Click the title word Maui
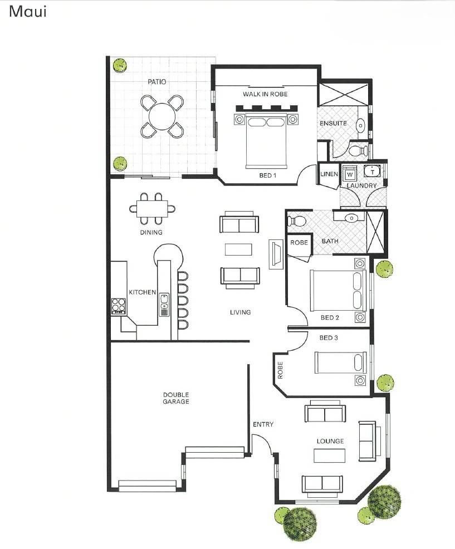(28, 12)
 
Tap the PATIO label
(157, 82)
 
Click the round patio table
(162, 116)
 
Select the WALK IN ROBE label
(265, 94)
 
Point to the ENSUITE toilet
(358, 150)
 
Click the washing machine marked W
(350, 173)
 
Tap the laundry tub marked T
(372, 171)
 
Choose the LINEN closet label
(329, 174)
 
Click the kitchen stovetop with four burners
(119, 306)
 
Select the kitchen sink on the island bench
(164, 305)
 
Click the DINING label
(151, 232)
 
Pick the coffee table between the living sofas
(238, 249)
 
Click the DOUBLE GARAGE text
(176, 398)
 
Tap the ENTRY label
(263, 424)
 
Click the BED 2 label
(330, 317)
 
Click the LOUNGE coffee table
(329, 456)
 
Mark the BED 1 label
(268, 175)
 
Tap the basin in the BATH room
(351, 218)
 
